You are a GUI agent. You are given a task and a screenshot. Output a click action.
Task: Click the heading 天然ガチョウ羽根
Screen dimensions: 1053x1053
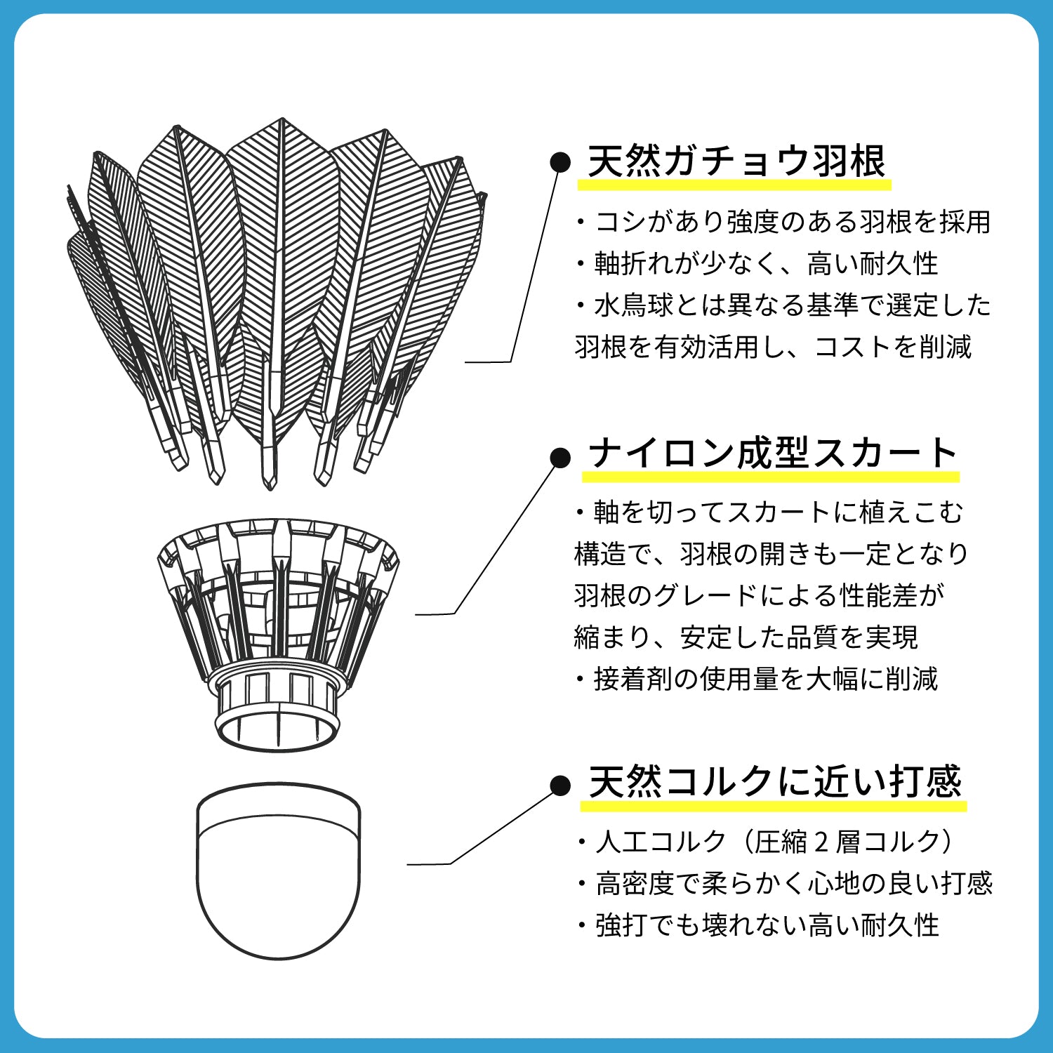(x=736, y=161)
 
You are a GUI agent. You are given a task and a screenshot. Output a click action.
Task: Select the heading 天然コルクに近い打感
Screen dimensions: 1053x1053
(x=774, y=781)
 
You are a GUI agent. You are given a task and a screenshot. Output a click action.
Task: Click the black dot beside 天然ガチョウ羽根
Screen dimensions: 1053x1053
(x=560, y=162)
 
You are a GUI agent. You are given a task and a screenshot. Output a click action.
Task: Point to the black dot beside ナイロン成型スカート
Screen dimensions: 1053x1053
(x=560, y=458)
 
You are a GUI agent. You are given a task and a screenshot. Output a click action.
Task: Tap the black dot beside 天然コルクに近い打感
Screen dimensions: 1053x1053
(x=560, y=786)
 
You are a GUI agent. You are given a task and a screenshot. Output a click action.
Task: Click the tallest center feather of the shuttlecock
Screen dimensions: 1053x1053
(x=281, y=281)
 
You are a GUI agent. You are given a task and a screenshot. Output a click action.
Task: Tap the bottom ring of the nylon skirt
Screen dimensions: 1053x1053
(x=277, y=730)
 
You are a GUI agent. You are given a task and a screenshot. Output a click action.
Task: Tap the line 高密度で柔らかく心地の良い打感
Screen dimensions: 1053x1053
(x=784, y=883)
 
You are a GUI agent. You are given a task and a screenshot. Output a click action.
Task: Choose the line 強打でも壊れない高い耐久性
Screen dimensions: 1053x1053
(x=758, y=925)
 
